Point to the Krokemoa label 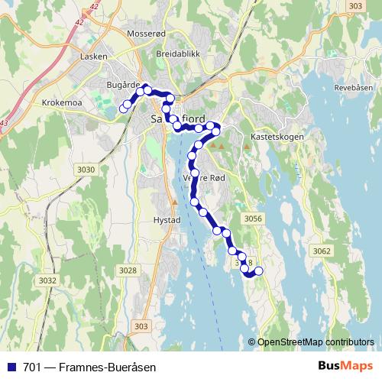pyautogui.click(x=63, y=102)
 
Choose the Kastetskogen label pyautogui.click(x=277, y=137)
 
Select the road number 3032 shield pyautogui.click(x=47, y=280)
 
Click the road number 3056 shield pyautogui.click(x=254, y=219)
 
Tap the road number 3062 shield pyautogui.click(x=322, y=251)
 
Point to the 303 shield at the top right pyautogui.click(x=354, y=6)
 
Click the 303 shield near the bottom pyautogui.click(x=140, y=326)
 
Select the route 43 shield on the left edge pyautogui.click(x=4, y=123)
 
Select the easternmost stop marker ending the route pyautogui.click(x=258, y=270)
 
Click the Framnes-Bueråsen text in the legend pyautogui.click(x=111, y=367)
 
